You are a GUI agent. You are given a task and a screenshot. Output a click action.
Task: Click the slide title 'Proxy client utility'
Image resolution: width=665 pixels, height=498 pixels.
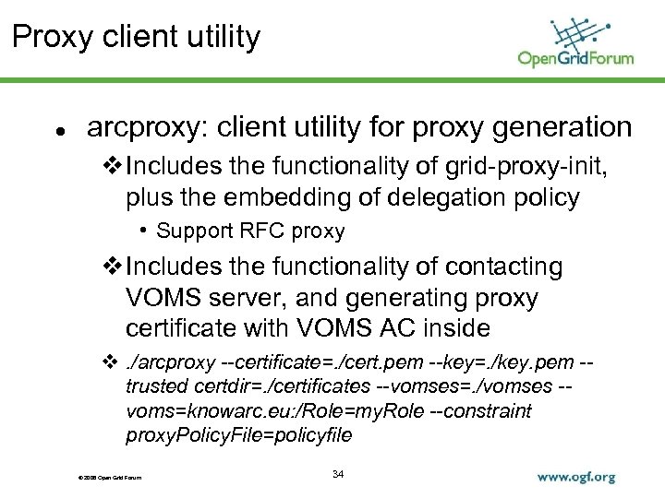(x=138, y=38)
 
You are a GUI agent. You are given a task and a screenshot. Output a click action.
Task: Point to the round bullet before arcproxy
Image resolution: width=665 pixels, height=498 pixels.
(x=59, y=131)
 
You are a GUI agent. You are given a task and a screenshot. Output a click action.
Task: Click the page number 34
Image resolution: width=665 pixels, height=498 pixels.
(x=337, y=474)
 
